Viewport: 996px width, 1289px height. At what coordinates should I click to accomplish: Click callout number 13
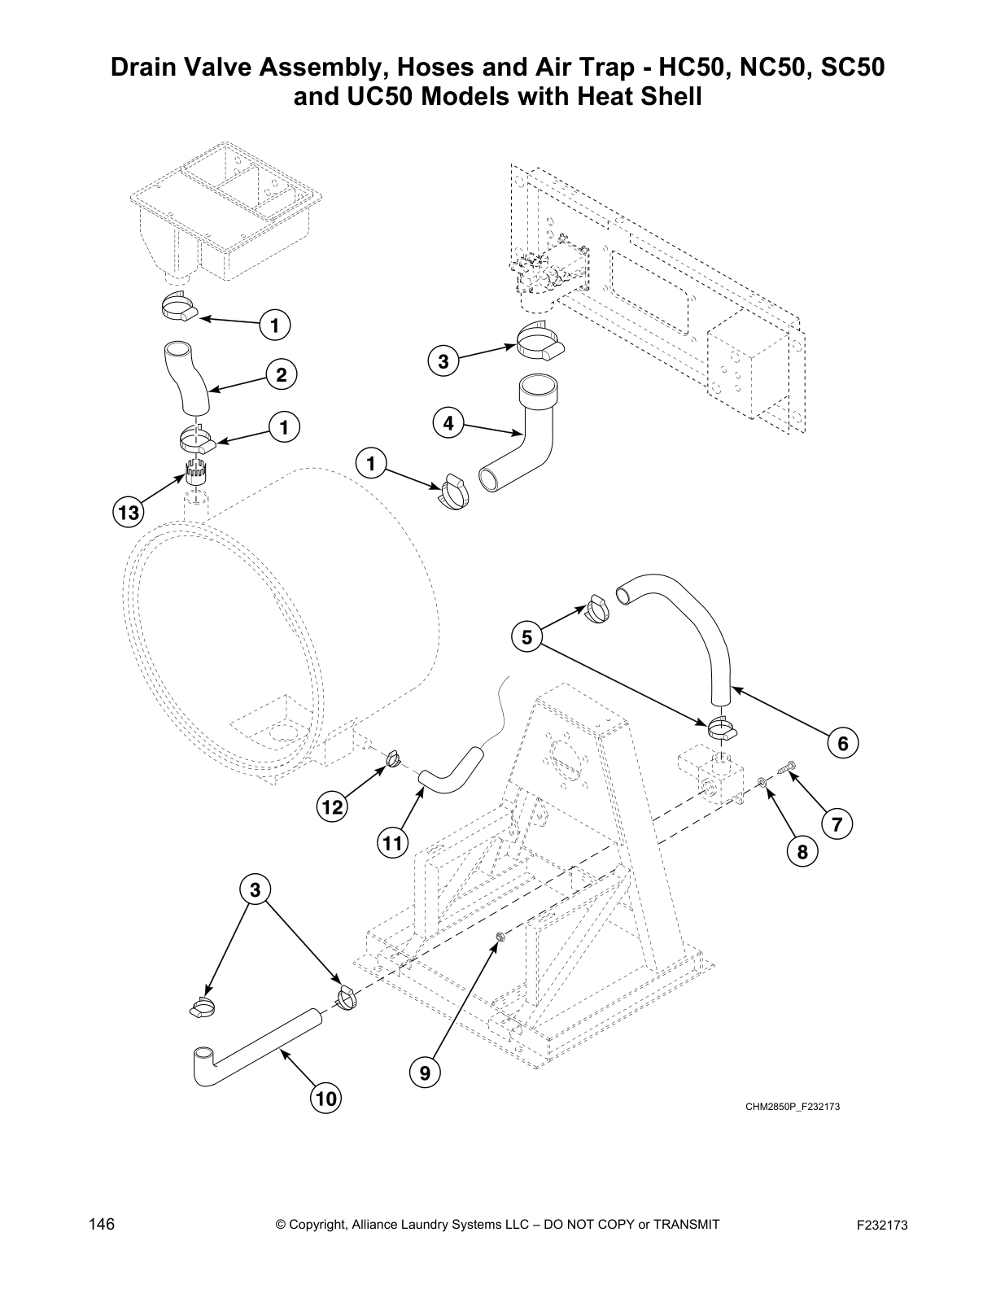click(128, 513)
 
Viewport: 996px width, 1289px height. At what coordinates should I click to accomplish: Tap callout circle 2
click(281, 375)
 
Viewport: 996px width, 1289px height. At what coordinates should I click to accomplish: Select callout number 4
click(448, 423)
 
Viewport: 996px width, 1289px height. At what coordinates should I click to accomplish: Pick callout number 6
click(843, 743)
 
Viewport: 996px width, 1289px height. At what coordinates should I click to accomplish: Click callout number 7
click(837, 824)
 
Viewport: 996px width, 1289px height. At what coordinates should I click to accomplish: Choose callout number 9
click(425, 1073)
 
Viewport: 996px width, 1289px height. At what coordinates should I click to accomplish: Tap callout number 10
click(325, 1099)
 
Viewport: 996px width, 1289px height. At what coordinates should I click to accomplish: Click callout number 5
click(526, 637)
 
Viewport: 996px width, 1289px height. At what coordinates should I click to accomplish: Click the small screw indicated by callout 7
click(788, 765)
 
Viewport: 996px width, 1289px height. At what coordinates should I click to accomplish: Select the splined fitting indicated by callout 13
click(195, 473)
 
